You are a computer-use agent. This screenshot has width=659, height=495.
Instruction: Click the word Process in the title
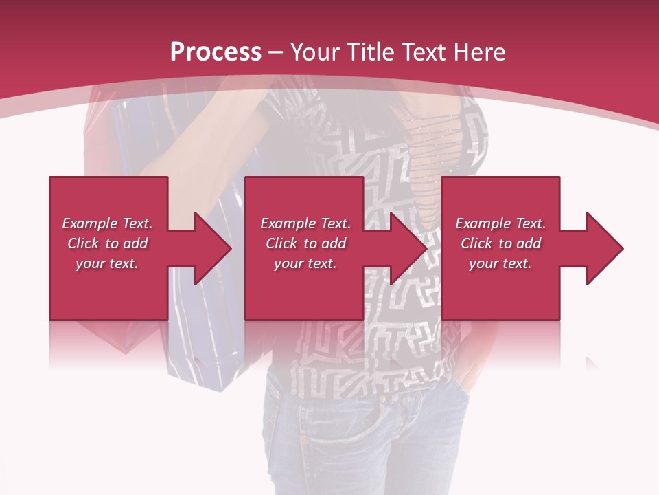pyautogui.click(x=216, y=52)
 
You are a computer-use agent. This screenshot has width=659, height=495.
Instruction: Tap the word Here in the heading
pyautogui.click(x=479, y=52)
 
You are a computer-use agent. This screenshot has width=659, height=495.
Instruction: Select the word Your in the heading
pyautogui.click(x=316, y=52)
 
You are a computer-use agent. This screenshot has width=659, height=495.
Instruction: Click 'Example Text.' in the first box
pyautogui.click(x=107, y=223)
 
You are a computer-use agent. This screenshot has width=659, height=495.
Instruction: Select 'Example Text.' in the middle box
pyautogui.click(x=305, y=223)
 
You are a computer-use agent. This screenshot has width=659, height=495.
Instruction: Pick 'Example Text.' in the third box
pyautogui.click(x=500, y=223)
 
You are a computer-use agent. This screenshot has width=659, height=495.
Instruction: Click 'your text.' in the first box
pyautogui.click(x=107, y=263)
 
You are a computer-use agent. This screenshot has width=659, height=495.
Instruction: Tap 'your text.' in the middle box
pyautogui.click(x=305, y=263)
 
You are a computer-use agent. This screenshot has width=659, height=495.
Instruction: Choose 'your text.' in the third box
pyautogui.click(x=500, y=263)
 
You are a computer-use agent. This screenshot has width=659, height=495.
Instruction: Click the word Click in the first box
pyautogui.click(x=84, y=243)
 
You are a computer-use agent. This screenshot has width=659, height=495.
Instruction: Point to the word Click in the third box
pyautogui.click(x=477, y=243)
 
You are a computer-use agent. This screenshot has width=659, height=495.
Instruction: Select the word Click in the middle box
pyautogui.click(x=282, y=243)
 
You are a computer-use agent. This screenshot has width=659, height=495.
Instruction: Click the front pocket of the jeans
pyautogui.click(x=329, y=426)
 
